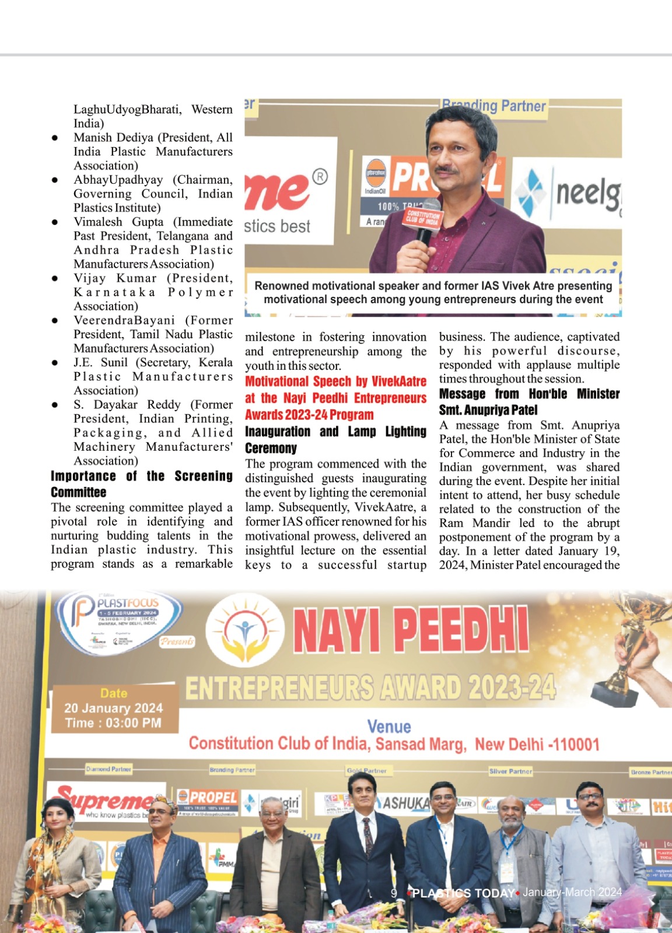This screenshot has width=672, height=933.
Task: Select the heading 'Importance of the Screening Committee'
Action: point(141,484)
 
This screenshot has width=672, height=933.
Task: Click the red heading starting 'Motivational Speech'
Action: point(335,398)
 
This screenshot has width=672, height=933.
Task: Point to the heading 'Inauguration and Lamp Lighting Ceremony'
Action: point(335,440)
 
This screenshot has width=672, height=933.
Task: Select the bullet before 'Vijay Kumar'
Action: point(55,279)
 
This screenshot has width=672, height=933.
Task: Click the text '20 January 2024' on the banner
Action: point(114,708)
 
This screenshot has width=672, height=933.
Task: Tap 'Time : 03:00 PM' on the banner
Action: point(114,723)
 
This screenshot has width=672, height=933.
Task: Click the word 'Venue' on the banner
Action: point(389,727)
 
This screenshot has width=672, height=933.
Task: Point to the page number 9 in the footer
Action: point(394,893)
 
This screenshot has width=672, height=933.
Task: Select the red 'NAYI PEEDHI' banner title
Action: point(411,631)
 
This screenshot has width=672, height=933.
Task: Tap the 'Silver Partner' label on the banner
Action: point(511,771)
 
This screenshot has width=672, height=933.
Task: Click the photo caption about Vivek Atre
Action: point(433,293)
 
